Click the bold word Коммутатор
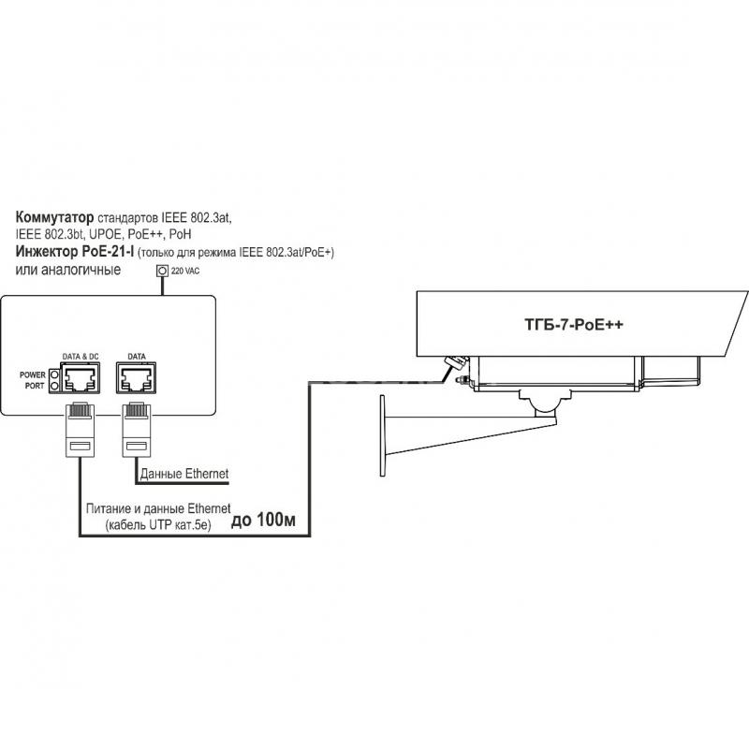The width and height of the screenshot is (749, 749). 54,217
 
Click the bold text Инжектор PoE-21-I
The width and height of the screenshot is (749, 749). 75,251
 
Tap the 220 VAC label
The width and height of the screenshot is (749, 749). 185,271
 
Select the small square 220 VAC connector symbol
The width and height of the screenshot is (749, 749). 162,271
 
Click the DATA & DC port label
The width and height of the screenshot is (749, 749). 81,357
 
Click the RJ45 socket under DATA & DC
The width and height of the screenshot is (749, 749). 80,378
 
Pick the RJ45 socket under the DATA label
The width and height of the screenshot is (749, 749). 136,378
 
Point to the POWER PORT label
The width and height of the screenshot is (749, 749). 33,380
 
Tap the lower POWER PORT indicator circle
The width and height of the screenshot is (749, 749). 54,386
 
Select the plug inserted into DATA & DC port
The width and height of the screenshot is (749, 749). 80,430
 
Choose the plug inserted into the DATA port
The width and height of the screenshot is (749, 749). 137,430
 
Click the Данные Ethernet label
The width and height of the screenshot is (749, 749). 184,474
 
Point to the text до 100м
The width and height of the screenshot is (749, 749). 263,521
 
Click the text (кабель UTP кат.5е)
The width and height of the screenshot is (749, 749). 158,525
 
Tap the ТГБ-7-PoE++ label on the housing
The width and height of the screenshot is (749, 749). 574,325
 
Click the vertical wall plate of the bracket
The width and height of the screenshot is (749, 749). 382,435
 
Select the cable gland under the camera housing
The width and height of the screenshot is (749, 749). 456,362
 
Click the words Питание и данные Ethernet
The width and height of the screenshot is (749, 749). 158,508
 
